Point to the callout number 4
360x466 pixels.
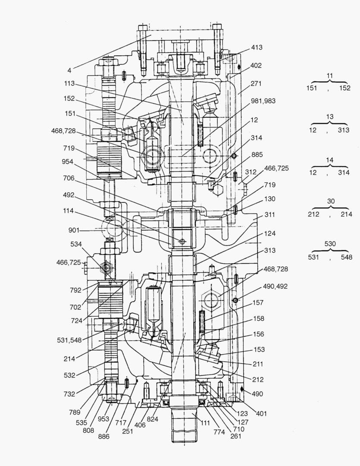click(x=69, y=68)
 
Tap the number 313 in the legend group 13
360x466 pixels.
click(x=344, y=130)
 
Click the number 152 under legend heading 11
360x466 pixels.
click(x=344, y=88)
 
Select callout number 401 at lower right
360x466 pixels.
click(x=261, y=413)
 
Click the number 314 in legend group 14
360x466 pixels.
click(x=344, y=172)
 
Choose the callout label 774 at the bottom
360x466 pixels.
click(x=219, y=431)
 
